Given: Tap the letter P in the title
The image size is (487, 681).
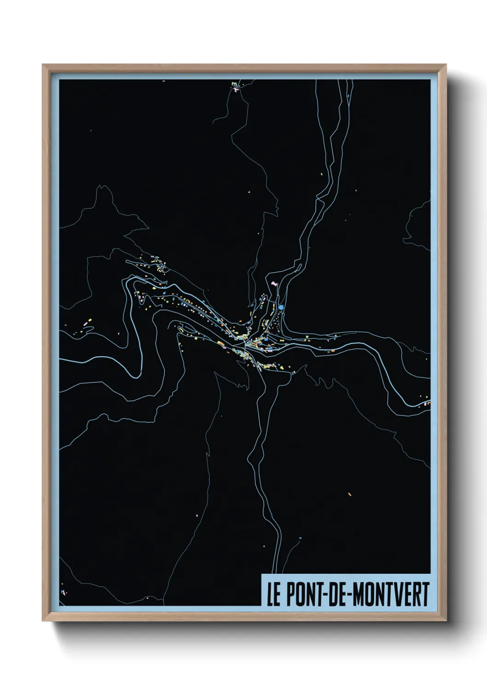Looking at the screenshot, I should [x=290, y=594].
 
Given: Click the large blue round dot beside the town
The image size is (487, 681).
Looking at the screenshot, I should [x=281, y=307].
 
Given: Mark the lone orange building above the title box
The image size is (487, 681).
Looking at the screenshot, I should [x=349, y=494].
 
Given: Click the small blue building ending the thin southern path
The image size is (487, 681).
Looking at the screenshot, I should [x=300, y=538].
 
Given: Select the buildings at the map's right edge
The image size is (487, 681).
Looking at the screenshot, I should [x=426, y=404].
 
